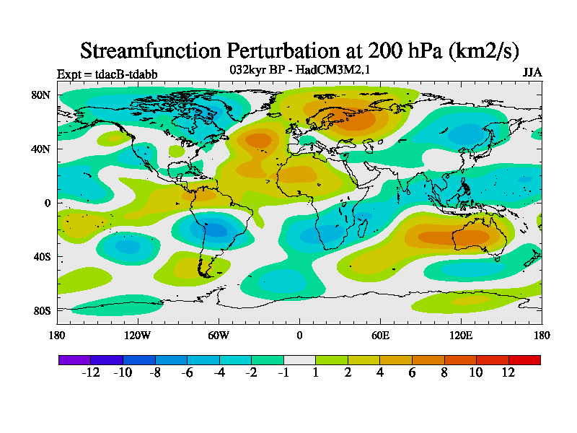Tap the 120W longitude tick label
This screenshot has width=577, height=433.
[x=137, y=335]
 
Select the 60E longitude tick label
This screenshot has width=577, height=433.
[x=380, y=335]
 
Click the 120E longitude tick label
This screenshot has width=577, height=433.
[x=461, y=335]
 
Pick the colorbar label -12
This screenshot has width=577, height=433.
[x=90, y=372]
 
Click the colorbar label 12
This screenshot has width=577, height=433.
[x=508, y=372]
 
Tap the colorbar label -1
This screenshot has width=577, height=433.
[x=283, y=372]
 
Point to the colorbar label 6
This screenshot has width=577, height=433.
[x=412, y=372]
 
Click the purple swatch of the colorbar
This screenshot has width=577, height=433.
[x=74, y=359]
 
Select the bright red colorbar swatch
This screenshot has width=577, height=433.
[x=524, y=359]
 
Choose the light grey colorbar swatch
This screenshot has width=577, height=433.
[x=299, y=359]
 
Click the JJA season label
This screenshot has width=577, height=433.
[x=532, y=73]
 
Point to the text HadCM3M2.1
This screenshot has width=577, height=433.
[x=327, y=70]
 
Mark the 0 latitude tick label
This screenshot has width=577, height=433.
[x=46, y=203]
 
